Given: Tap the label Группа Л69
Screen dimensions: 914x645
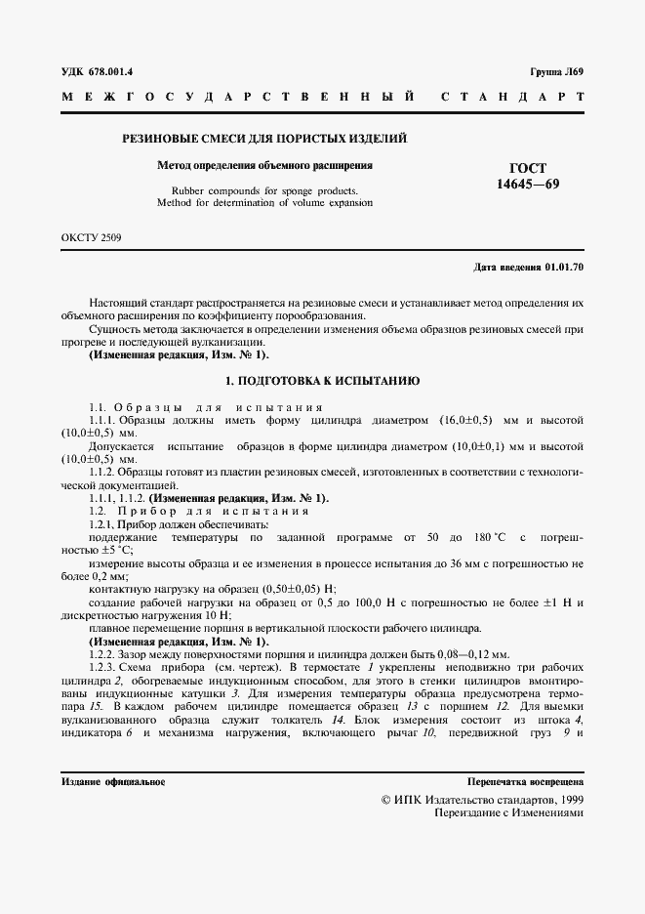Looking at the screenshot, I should click(x=556, y=71).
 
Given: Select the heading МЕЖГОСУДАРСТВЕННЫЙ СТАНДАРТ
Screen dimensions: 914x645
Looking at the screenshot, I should click(x=322, y=98).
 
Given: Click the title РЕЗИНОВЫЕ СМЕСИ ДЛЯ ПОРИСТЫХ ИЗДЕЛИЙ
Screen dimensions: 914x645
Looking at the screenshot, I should click(x=263, y=140).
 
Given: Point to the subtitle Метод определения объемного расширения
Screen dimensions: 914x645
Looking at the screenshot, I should click(x=265, y=166).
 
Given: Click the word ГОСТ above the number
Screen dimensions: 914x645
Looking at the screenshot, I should click(x=529, y=168).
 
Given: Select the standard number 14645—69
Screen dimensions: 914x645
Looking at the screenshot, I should click(x=529, y=185).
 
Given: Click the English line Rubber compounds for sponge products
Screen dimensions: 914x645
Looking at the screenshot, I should click(x=265, y=190).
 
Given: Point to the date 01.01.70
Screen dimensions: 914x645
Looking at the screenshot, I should click(x=565, y=266).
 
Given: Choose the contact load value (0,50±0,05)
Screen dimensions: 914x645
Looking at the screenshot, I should click(x=292, y=590).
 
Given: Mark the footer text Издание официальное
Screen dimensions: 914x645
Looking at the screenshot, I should click(x=112, y=782).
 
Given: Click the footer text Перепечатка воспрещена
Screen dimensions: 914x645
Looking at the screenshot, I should click(x=526, y=782).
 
